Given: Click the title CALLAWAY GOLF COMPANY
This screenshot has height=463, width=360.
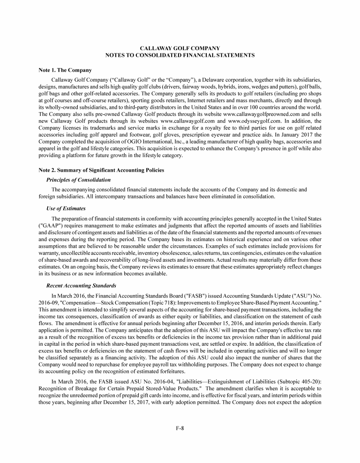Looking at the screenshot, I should (180, 48).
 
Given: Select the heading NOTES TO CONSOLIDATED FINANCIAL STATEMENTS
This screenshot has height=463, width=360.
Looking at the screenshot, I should (180, 55).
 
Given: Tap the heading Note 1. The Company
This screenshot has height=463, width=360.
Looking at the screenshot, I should (65, 70).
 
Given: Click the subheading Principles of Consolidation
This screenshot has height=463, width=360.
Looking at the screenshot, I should (79, 180).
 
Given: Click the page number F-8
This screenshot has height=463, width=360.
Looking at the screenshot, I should (180, 428).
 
